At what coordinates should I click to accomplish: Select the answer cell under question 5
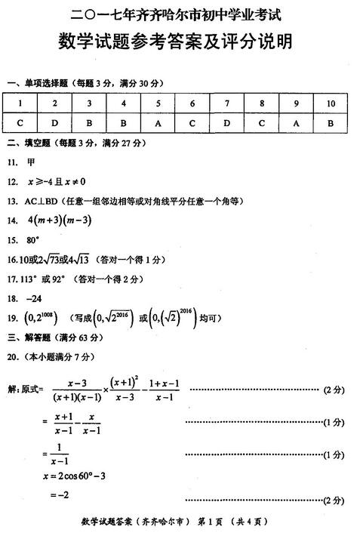(158, 123)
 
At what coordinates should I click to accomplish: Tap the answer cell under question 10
(331, 123)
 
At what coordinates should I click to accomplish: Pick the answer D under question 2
(55, 123)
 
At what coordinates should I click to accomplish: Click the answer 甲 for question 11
(31, 162)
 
